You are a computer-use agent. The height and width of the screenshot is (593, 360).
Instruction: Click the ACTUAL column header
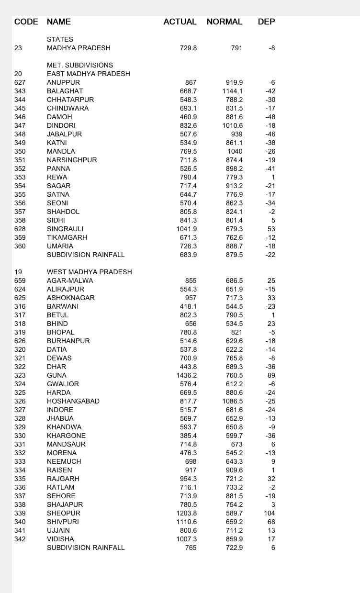click(180, 22)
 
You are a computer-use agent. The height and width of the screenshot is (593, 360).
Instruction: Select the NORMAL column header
click(225, 22)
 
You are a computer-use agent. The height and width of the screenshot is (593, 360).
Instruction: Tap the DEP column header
click(266, 22)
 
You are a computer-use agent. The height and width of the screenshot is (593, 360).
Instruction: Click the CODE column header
click(26, 22)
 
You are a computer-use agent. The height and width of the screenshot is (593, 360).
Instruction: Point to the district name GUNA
click(56, 375)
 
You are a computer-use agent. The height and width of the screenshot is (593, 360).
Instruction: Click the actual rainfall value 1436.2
click(187, 375)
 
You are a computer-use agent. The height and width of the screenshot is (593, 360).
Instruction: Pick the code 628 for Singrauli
click(20, 229)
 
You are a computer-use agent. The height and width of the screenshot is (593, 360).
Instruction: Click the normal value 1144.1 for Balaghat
click(233, 91)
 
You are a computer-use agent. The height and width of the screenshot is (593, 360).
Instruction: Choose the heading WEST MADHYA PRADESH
click(89, 272)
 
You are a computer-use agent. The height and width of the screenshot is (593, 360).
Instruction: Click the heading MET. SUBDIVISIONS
click(80, 65)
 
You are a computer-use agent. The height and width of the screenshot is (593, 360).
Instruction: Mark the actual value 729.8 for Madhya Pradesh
click(188, 48)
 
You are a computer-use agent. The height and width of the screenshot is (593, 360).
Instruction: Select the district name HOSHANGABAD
click(73, 401)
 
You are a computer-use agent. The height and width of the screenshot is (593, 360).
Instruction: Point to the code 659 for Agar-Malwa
click(20, 280)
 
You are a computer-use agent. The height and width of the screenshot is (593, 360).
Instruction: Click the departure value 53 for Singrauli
click(271, 229)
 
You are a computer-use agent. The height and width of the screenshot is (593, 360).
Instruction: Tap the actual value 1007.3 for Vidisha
click(187, 539)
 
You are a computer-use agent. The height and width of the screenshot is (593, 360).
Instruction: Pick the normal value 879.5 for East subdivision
click(234, 255)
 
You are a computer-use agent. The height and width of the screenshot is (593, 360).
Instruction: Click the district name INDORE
click(60, 410)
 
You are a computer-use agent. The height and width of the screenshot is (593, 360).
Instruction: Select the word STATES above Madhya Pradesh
click(60, 39)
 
